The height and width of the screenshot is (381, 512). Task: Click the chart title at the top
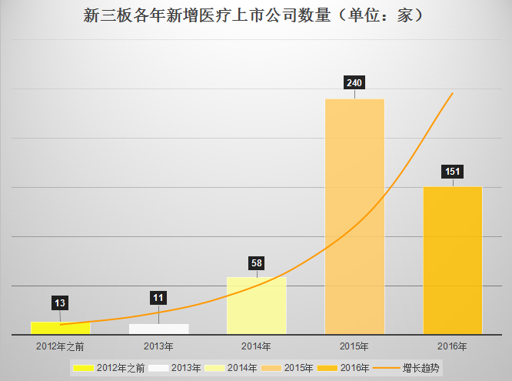pyautogui.click(x=255, y=15)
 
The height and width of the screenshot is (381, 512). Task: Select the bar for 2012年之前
pyautogui.click(x=60, y=328)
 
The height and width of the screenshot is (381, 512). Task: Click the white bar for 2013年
pyautogui.click(x=158, y=329)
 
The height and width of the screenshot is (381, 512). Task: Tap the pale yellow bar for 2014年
pyautogui.click(x=256, y=306)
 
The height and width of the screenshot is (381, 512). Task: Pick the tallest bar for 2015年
pyautogui.click(x=354, y=216)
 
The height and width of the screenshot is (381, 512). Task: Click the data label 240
pyautogui.click(x=354, y=82)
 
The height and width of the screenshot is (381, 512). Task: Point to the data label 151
pyautogui.click(x=453, y=171)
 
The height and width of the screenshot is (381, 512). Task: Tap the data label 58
pyautogui.click(x=257, y=263)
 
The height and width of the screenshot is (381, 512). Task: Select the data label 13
pyautogui.click(x=60, y=302)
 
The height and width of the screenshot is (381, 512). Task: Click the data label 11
pyautogui.click(x=158, y=298)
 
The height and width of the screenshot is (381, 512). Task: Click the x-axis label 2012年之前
pyautogui.click(x=60, y=346)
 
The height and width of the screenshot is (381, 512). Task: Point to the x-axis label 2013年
pyautogui.click(x=158, y=346)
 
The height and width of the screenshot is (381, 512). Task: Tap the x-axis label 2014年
pyautogui.click(x=256, y=346)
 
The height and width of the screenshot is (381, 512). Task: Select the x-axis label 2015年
pyautogui.click(x=354, y=346)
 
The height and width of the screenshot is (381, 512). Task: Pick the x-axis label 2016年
pyautogui.click(x=453, y=346)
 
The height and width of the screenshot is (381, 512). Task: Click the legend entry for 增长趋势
pyautogui.click(x=422, y=368)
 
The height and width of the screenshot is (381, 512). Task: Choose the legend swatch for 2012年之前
pyautogui.click(x=82, y=368)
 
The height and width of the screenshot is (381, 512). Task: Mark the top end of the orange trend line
pyautogui.click(x=452, y=93)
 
